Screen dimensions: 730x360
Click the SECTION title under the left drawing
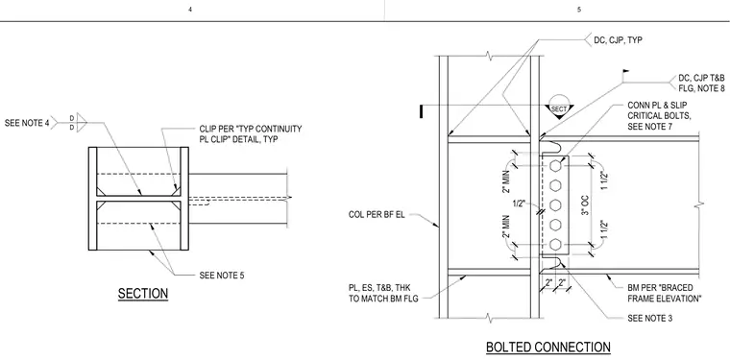coord(143,294)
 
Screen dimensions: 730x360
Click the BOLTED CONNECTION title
coord(547,348)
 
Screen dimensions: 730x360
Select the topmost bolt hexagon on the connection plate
coord(555,165)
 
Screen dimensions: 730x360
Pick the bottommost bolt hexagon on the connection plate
coord(555,244)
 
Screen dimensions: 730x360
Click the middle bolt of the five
coord(555,204)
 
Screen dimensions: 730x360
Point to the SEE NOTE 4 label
coord(27,123)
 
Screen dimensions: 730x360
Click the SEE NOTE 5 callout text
coord(222,276)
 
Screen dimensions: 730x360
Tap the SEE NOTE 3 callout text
coord(650,319)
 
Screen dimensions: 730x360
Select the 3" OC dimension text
coord(586,204)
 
